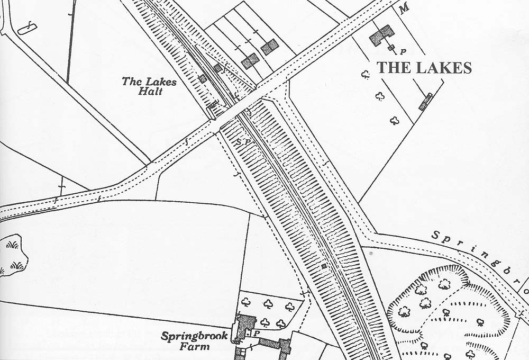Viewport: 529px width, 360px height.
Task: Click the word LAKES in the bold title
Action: click(x=443, y=68)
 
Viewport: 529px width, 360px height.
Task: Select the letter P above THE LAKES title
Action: click(x=403, y=52)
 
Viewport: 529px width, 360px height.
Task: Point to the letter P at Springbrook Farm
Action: click(x=257, y=334)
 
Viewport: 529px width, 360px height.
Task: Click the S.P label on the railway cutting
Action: click(x=243, y=142)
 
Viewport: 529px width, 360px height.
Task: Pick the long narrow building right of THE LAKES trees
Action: click(x=426, y=101)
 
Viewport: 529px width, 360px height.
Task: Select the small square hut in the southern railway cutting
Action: click(x=324, y=266)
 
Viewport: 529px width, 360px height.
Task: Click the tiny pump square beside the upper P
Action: click(x=391, y=48)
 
